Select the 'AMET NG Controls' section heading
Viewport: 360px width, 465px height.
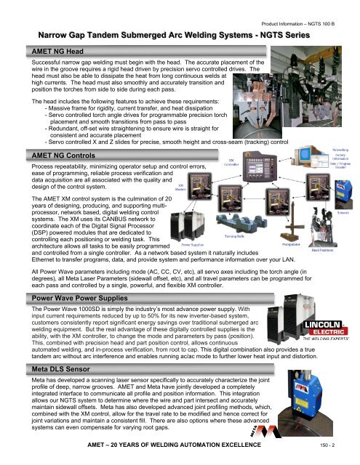pyautogui.click(x=56, y=156)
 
